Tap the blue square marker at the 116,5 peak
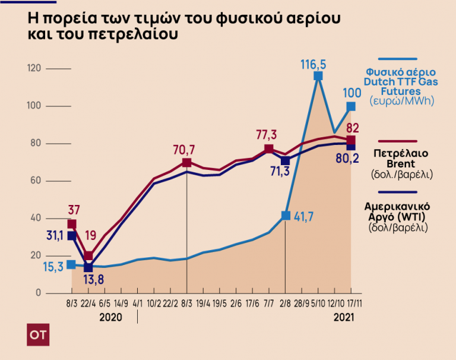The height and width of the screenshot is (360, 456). pyautogui.click(x=318, y=76)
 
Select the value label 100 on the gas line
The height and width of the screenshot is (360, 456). pyautogui.click(x=352, y=93)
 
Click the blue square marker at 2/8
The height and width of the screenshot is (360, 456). pyautogui.click(x=286, y=216)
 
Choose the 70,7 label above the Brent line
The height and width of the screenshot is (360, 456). pyautogui.click(x=186, y=148)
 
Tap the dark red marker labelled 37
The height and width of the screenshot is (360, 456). pyautogui.click(x=72, y=224)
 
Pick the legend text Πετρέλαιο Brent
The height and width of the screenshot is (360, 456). pyautogui.click(x=400, y=158)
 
